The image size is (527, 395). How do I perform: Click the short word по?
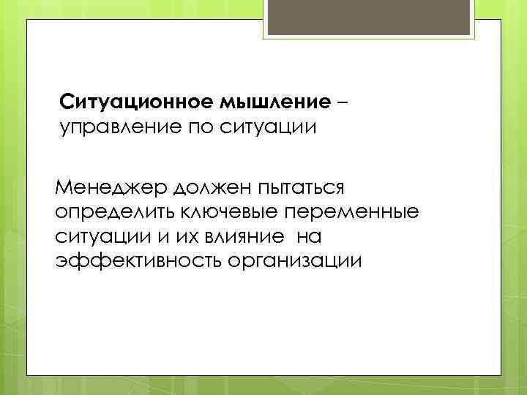204,128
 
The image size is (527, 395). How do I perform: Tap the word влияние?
238,237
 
